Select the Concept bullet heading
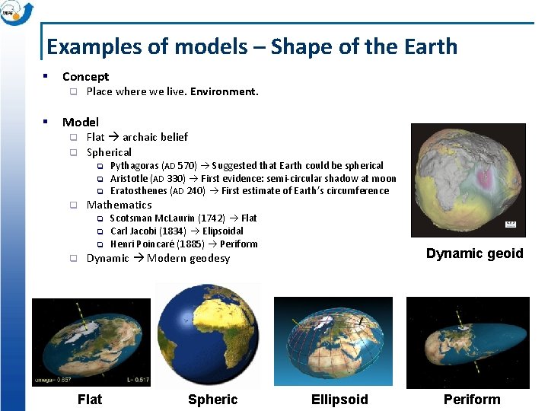(x=85, y=76)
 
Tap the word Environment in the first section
(x=224, y=91)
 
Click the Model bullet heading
(x=80, y=122)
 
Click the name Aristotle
(x=129, y=178)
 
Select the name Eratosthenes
(x=139, y=191)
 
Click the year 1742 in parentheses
(x=211, y=218)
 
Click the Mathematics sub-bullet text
(x=119, y=205)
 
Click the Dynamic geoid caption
(x=474, y=253)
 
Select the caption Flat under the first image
(x=90, y=399)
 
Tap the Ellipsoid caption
(x=339, y=399)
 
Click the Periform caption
(x=472, y=399)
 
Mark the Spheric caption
(x=212, y=399)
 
